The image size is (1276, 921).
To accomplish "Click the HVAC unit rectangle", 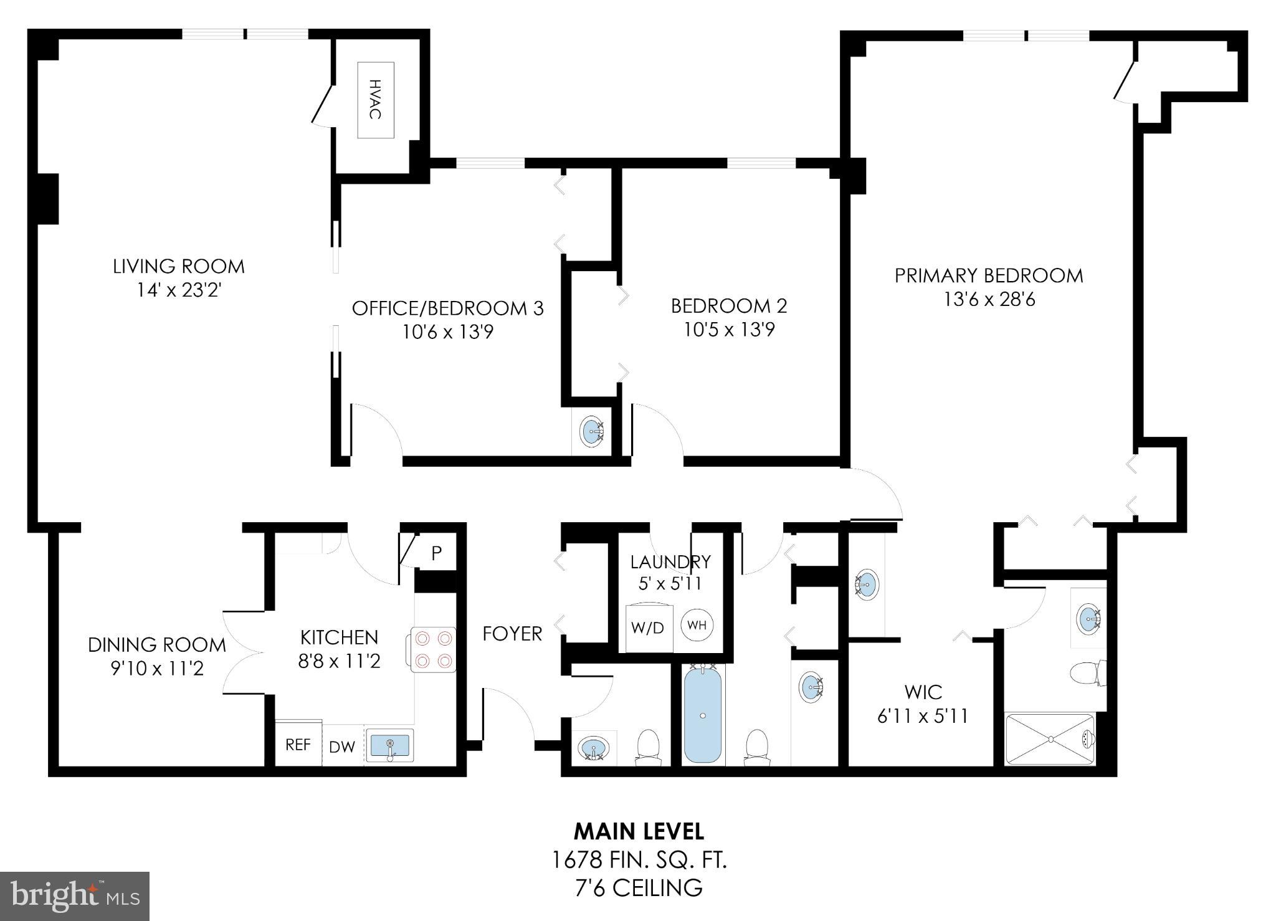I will [x=375, y=100].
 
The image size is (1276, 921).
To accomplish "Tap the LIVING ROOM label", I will [x=179, y=267].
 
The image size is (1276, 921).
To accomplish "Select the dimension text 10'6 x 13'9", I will [x=447, y=332].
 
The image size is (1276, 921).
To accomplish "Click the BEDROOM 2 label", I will [x=728, y=306].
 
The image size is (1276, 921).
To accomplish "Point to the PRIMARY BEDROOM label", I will [x=989, y=275].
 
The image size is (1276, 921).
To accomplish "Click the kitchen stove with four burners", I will [x=433, y=649].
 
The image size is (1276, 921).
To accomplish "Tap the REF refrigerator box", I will [x=298, y=744].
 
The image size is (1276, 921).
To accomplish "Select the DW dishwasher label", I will [x=341, y=747].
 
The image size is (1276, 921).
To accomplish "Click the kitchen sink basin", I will [x=389, y=745].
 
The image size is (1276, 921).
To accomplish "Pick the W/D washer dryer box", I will [x=648, y=627].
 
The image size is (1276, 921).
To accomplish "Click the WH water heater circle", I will [x=697, y=625].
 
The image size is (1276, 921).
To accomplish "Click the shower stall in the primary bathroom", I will [x=1050, y=739].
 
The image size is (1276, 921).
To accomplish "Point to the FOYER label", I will [x=512, y=634].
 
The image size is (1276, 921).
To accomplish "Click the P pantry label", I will [x=437, y=553].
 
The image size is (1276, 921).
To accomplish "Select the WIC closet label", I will [x=923, y=692].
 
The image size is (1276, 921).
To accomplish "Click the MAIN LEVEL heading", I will [x=639, y=831].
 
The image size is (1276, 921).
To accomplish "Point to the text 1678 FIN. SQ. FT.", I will [x=639, y=861].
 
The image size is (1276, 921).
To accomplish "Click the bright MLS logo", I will [x=75, y=896].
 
